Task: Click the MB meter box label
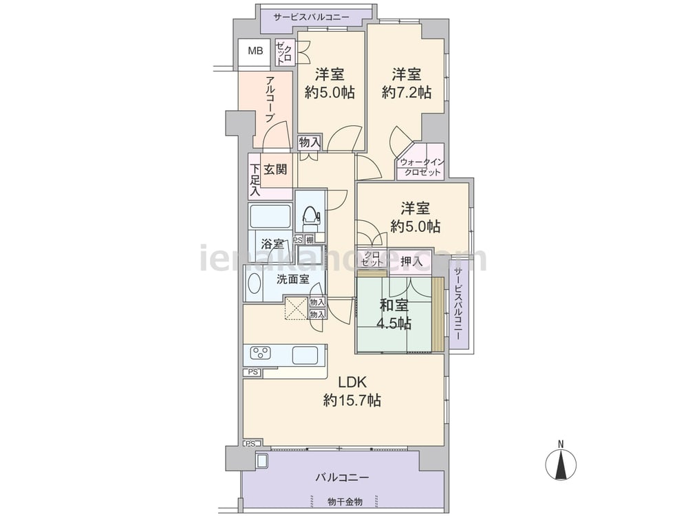click(255, 52)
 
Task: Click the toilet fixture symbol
click(311, 216)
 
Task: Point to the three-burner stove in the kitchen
click(260, 353)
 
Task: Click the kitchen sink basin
click(305, 354)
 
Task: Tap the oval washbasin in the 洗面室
click(254, 285)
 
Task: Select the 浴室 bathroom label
click(272, 244)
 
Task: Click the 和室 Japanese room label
click(394, 305)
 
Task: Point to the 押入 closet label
click(411, 261)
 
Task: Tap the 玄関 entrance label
click(275, 169)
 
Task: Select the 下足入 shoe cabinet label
click(255, 180)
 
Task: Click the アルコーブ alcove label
click(270, 99)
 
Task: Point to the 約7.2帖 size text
click(407, 92)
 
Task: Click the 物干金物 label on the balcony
click(345, 501)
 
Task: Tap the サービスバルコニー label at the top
click(311, 18)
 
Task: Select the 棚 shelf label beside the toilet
click(310, 240)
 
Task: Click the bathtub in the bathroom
click(270, 216)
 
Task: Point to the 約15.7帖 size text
click(352, 400)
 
